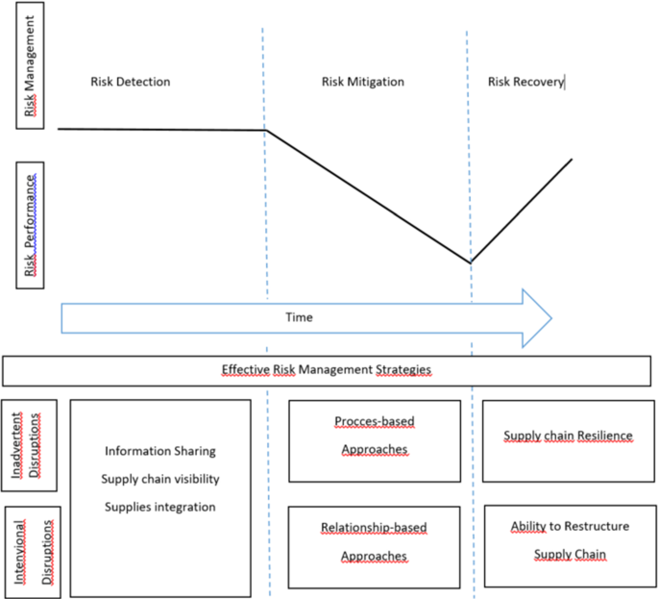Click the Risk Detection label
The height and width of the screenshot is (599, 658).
pyautogui.click(x=130, y=82)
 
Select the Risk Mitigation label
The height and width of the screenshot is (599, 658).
pyautogui.click(x=362, y=82)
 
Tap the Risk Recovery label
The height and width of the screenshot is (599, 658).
pyautogui.click(x=525, y=82)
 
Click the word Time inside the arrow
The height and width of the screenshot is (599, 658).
pyautogui.click(x=299, y=317)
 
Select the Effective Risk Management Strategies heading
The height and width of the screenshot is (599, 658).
pyautogui.click(x=327, y=369)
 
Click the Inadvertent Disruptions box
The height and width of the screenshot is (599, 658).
pyautogui.click(x=30, y=444)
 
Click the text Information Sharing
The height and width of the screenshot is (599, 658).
pyautogui.click(x=160, y=451)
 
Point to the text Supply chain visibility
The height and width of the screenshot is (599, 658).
pyautogui.click(x=160, y=479)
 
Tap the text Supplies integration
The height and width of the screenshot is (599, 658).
pyautogui.click(x=160, y=507)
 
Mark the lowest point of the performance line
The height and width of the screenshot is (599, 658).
pyautogui.click(x=471, y=262)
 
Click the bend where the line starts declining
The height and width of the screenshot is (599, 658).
pyautogui.click(x=266, y=131)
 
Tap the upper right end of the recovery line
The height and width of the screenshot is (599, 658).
pyautogui.click(x=572, y=160)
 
